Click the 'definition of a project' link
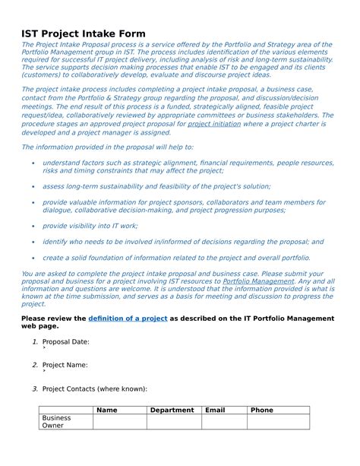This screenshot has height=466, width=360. pos(128,318)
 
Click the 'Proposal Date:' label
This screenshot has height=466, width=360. pos(66,342)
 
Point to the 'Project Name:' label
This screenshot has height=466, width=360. pos(65,365)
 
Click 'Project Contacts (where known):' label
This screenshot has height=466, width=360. pos(95,388)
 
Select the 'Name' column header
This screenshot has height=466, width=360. pos(107,410)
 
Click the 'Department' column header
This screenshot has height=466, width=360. pos(172,410)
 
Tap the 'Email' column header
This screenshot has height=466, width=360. pos(215,410)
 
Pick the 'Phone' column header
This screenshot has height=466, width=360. pos(262,410)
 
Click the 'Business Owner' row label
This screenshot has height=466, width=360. pos(57,422)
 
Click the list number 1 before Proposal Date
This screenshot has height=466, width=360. pos(35,342)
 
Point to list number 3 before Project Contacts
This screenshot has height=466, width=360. pos(35,388)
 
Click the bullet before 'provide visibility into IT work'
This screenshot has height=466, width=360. pos(32,226)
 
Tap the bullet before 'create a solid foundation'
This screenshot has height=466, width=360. pos(32,258)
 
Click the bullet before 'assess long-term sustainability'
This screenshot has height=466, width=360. pos(32,185)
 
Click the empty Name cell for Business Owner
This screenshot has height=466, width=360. pos(119,422)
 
